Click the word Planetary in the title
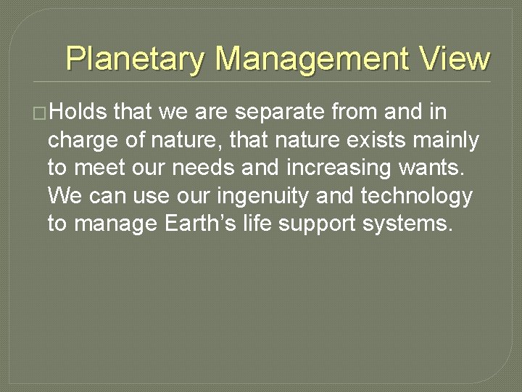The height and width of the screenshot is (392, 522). click(136, 58)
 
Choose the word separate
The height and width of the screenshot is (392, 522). click(281, 113)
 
